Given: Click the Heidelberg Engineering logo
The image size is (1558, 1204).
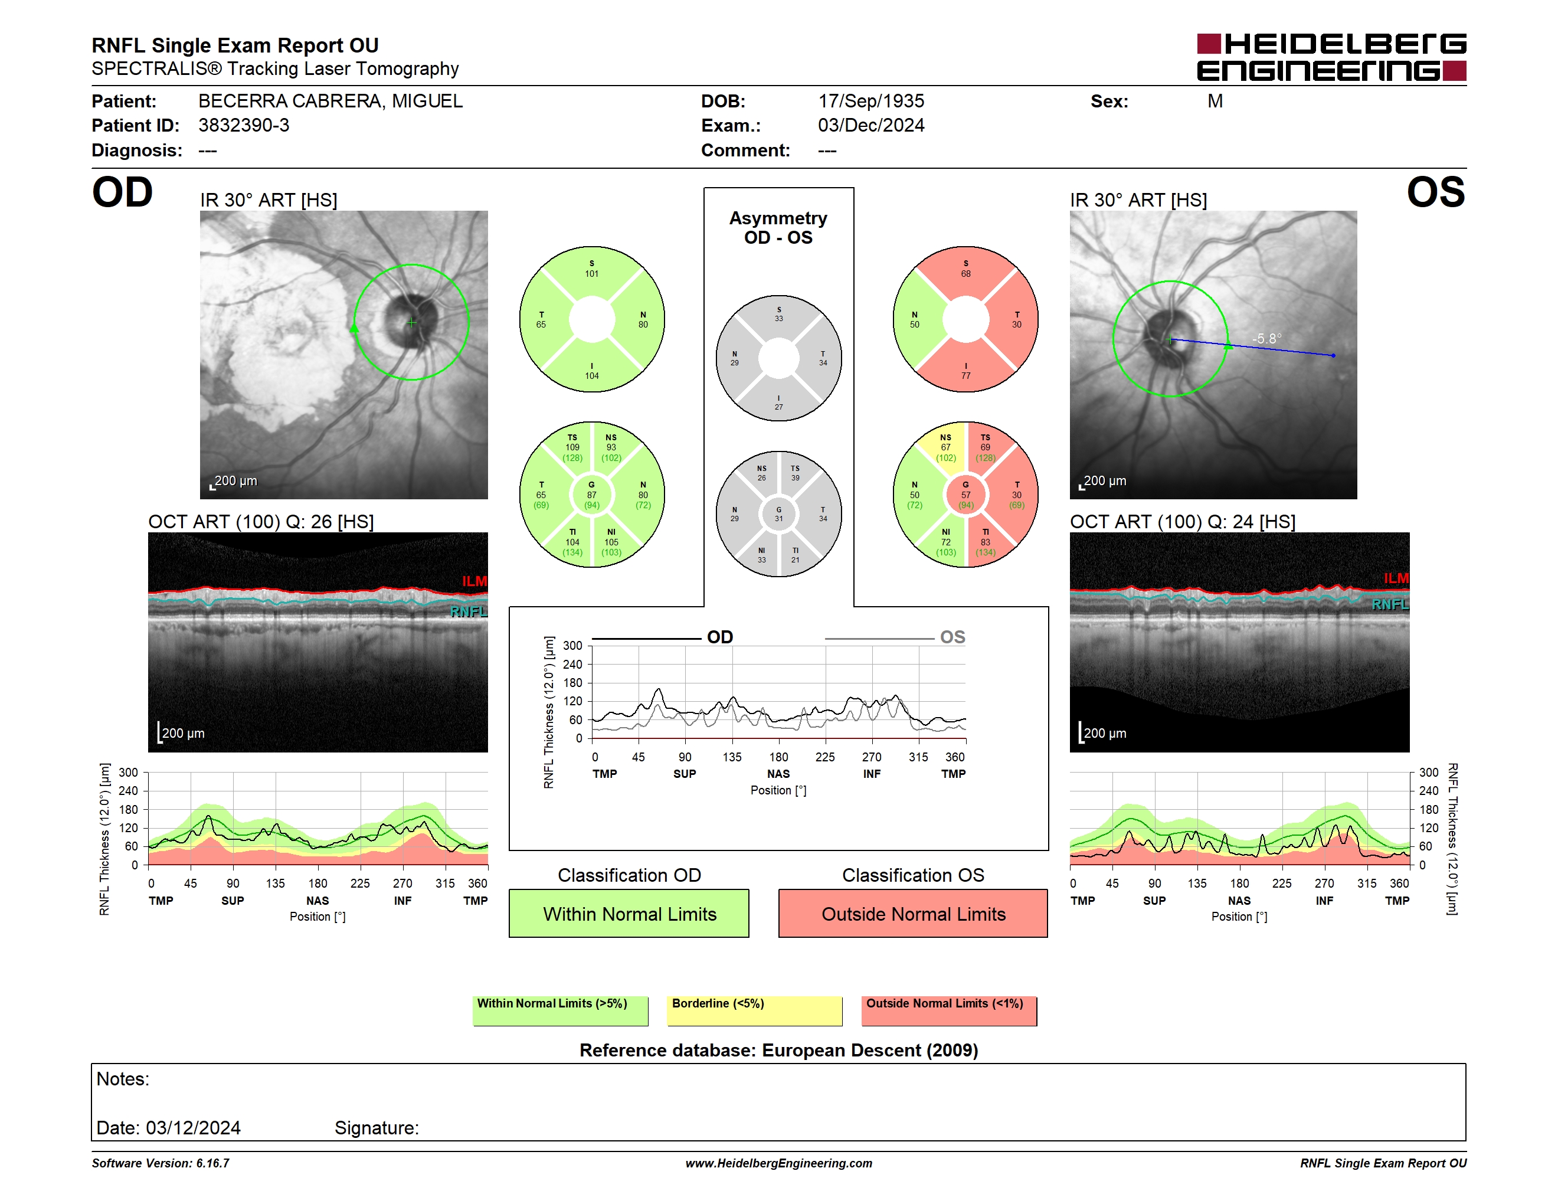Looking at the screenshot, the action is tap(1331, 57).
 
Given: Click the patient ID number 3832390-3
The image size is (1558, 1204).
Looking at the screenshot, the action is tap(244, 126).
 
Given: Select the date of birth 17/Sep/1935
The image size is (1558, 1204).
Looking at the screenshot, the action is tap(871, 102).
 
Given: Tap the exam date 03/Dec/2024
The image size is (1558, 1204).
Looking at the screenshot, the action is tap(871, 126).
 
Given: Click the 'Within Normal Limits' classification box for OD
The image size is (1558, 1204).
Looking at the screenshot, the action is tap(629, 913).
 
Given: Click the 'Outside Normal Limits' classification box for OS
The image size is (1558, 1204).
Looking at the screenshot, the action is tap(913, 913).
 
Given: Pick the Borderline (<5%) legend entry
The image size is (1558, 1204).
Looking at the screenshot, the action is tap(754, 1010).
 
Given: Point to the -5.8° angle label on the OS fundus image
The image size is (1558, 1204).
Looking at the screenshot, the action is tap(1267, 338).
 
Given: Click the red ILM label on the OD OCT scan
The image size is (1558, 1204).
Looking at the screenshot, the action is tap(474, 581).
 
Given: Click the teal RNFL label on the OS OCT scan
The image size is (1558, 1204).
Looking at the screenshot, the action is tap(1390, 604).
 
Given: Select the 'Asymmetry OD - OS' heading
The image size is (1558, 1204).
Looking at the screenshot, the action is tap(778, 228).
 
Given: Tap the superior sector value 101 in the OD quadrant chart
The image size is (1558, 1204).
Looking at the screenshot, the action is tap(591, 274).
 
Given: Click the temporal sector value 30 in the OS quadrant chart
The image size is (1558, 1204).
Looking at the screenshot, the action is tap(1017, 325).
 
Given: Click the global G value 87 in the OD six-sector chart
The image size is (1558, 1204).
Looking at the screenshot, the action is tap(591, 495).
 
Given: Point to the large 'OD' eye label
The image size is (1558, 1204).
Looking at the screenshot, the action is tap(122, 192).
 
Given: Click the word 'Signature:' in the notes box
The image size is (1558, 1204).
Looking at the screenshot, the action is tap(377, 1128).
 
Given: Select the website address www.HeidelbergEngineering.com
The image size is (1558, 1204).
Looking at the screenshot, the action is tap(778, 1163).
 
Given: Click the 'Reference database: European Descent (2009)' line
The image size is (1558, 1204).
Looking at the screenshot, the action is tap(778, 1050).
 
